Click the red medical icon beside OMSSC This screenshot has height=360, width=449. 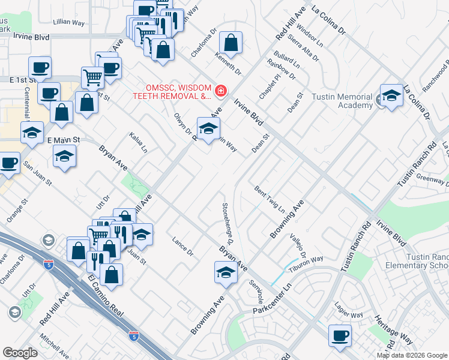click(x=221, y=91)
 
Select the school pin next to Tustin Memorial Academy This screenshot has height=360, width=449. click(x=391, y=95)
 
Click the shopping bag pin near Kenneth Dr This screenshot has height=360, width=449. click(x=231, y=43)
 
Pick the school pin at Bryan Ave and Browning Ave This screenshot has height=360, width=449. click(x=225, y=272)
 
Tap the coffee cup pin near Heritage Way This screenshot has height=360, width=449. click(x=340, y=335)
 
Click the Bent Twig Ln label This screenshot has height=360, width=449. click(x=270, y=199)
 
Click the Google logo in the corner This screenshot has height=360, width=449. click(x=20, y=353)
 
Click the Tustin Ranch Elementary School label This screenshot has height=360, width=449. click(x=426, y=261)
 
